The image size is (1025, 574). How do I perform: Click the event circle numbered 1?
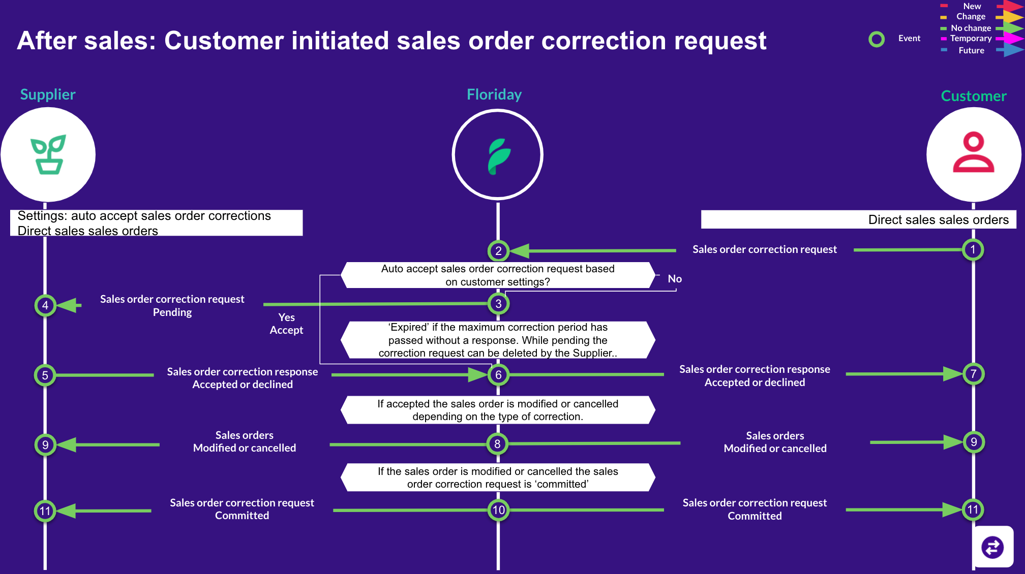pyautogui.click(x=973, y=249)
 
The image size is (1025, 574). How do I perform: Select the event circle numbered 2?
pyautogui.click(x=498, y=250)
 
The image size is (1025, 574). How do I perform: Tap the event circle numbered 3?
pyautogui.click(x=498, y=304)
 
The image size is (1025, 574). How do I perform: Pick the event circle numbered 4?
pyautogui.click(x=45, y=305)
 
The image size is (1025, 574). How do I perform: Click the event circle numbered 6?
pyautogui.click(x=498, y=375)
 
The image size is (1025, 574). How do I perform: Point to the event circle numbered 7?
pyautogui.click(x=973, y=374)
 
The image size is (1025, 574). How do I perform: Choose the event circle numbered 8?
pyautogui.click(x=497, y=444)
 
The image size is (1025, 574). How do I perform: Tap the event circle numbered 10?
pyautogui.click(x=498, y=510)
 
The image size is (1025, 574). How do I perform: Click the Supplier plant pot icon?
pyautogui.click(x=48, y=154)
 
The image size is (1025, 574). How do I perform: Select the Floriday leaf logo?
pyautogui.click(x=498, y=155)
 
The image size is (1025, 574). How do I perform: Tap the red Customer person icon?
pyautogui.click(x=974, y=152)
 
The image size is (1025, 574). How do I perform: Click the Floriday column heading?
pyautogui.click(x=494, y=94)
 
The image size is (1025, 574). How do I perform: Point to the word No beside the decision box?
pyautogui.click(x=675, y=279)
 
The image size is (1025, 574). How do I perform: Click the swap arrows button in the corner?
pyautogui.click(x=992, y=547)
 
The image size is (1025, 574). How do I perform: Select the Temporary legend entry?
pyautogui.click(x=971, y=39)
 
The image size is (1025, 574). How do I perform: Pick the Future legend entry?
pyautogui.click(x=971, y=50)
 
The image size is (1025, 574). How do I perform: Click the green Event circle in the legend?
pyautogui.click(x=877, y=39)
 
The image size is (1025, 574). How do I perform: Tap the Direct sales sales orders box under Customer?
pyautogui.click(x=858, y=219)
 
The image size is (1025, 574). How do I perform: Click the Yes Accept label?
pyautogui.click(x=286, y=324)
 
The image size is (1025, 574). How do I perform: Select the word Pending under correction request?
pyautogui.click(x=172, y=312)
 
